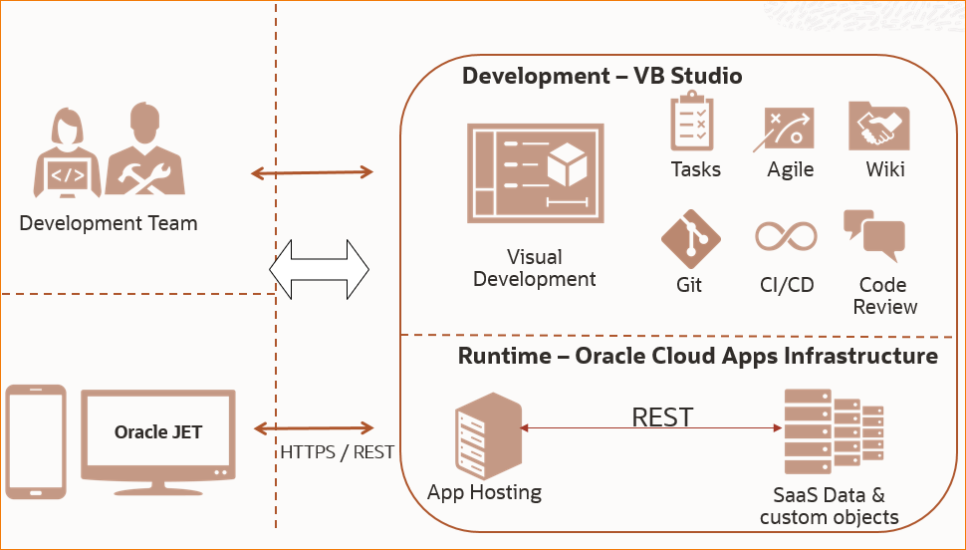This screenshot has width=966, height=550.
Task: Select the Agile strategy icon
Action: (789, 129)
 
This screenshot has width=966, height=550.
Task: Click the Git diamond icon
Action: (690, 239)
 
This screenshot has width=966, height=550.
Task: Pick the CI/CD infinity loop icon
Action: (786, 237)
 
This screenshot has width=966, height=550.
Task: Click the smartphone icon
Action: (36, 440)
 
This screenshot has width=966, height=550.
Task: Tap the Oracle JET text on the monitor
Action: (158, 431)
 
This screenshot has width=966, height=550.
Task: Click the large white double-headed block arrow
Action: (319, 269)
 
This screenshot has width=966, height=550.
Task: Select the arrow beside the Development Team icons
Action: (312, 172)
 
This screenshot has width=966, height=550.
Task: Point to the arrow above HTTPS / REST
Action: (313, 428)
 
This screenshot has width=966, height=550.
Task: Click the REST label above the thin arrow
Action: (662, 416)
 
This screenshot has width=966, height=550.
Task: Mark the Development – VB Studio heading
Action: (602, 77)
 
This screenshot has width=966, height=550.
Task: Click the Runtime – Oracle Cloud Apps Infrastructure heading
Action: (697, 356)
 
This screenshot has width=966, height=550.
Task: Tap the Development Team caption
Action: (109, 223)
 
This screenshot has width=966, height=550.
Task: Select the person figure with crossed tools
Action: (144, 155)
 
